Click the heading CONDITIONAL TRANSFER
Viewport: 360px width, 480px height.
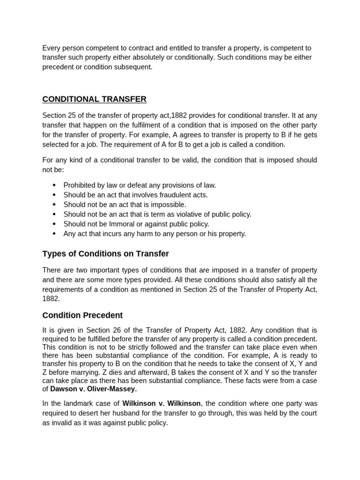pos(94,99)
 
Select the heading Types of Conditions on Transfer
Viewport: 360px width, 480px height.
pos(105,254)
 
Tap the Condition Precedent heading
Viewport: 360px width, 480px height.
pos(82,315)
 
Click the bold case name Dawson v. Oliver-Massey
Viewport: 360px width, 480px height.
pos(93,389)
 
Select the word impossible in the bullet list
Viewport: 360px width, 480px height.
pos(170,204)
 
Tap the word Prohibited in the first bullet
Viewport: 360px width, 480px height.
pos(80,185)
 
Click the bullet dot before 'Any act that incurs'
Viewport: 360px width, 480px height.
pos(54,233)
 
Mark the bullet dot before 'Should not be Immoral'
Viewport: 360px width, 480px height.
pos(54,224)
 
